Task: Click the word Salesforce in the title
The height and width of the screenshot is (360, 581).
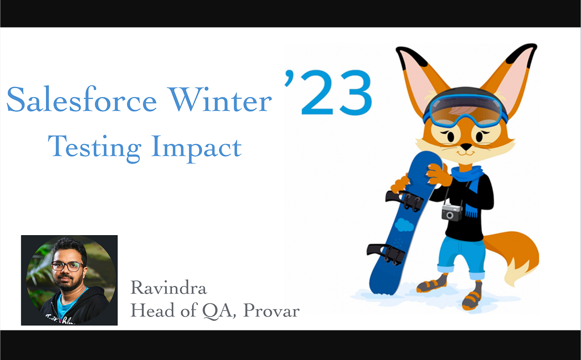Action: [x=81, y=101]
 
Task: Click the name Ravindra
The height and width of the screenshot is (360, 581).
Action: [x=168, y=288]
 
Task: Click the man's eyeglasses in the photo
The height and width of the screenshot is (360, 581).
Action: [x=67, y=266]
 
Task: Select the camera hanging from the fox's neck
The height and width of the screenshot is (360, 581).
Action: [x=452, y=212]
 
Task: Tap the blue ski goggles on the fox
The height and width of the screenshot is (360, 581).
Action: [x=465, y=107]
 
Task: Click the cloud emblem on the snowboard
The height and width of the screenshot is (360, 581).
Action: [x=404, y=224]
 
